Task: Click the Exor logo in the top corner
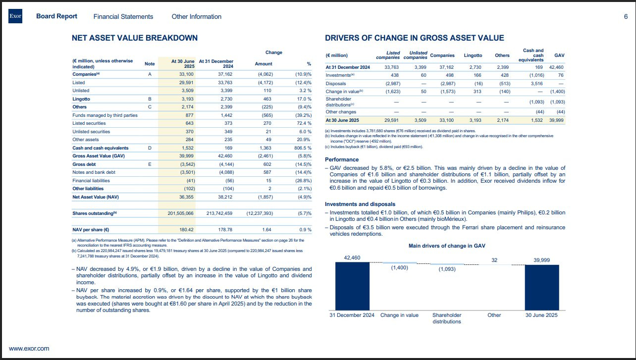[x=15, y=17]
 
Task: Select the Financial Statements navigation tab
[x=123, y=16]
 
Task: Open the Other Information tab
[x=196, y=16]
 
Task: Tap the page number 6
[x=626, y=16]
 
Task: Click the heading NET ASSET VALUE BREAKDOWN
[x=135, y=38]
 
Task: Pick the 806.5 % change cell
[x=301, y=148]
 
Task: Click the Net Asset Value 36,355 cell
[x=186, y=197]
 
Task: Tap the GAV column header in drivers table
[x=559, y=55]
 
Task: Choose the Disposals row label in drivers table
[x=336, y=84]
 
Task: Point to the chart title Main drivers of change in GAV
[x=446, y=246]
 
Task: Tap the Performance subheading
[x=342, y=159]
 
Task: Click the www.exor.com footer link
[x=29, y=349]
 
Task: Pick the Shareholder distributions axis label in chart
[x=447, y=318]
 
